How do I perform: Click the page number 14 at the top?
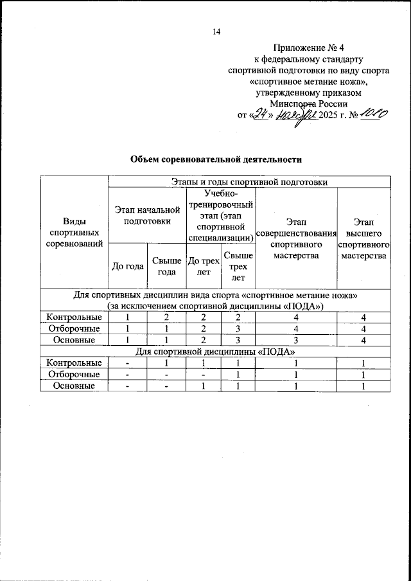[216, 32]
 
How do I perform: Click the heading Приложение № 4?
[309, 48]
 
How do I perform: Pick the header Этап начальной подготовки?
[146, 215]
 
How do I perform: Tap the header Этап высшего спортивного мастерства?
[363, 246]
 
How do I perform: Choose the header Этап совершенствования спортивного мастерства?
[296, 246]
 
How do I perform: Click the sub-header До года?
[127, 266]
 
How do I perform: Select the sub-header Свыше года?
[166, 266]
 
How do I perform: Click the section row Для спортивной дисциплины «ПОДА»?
[216, 352]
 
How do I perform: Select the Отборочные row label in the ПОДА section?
[73, 375]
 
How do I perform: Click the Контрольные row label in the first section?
[73, 317]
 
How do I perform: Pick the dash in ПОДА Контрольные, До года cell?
[127, 363]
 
